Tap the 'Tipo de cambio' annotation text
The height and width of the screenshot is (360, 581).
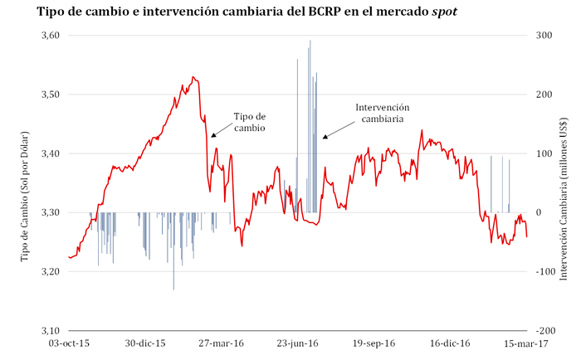[x=250, y=122]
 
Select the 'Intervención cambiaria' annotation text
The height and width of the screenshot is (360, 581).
[x=383, y=114]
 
